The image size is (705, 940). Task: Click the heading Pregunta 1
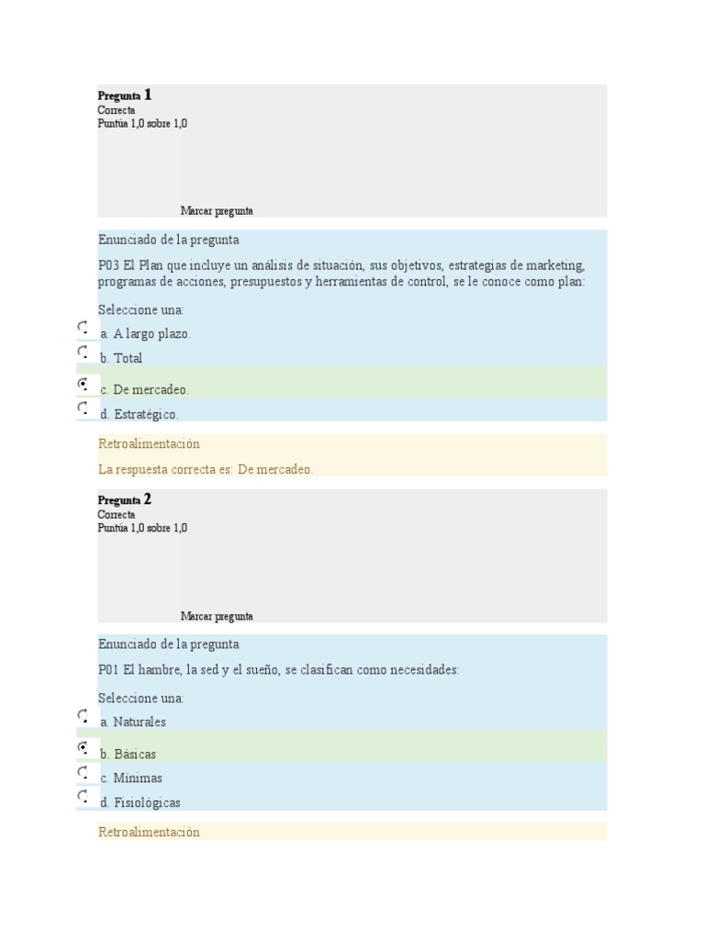pos(125,95)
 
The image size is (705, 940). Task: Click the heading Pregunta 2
pos(125,500)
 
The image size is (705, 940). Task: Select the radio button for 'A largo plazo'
pos(83,327)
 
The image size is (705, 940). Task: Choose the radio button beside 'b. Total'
pos(83,351)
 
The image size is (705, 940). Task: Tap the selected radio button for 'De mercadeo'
pos(83,382)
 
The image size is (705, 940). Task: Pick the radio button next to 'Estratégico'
pos(83,407)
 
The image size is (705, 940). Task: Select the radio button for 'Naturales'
pos(83,714)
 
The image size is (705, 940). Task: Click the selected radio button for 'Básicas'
pos(83,747)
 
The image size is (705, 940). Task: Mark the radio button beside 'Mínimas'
pos(83,771)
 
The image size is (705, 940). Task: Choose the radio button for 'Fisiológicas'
pos(83,795)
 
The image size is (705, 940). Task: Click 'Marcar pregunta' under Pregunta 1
pos(217,211)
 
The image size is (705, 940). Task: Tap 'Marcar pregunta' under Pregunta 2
pos(217,617)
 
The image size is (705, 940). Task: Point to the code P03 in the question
pos(109,265)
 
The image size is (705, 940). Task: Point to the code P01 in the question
pos(109,670)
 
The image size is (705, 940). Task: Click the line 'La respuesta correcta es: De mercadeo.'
pos(206,469)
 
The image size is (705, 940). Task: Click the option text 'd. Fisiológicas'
pos(140,802)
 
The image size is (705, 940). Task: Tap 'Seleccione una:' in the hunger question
pos(140,698)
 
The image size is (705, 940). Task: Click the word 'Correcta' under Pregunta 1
pos(117,110)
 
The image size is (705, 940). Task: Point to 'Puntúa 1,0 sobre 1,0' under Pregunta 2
pos(142,528)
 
